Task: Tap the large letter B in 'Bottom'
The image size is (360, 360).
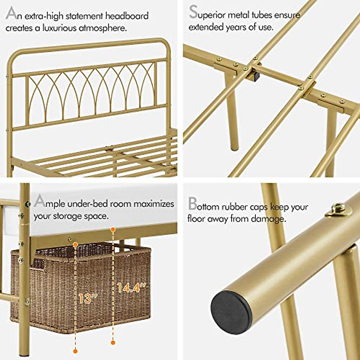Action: click(x=192, y=204)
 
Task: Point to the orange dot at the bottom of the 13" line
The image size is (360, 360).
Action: click(x=75, y=350)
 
